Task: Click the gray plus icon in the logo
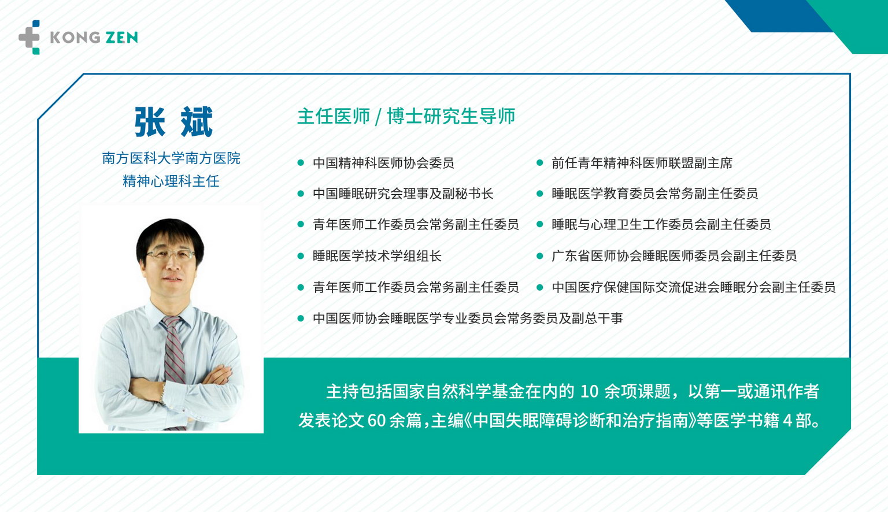coord(29,38)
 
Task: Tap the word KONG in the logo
coord(75,38)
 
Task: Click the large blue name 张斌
coord(173,122)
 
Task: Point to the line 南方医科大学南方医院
coord(171,158)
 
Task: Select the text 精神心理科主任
coord(171,181)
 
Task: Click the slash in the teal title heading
coord(378,117)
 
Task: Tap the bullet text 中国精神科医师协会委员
coord(383,163)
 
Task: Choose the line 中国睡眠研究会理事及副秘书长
coord(403,194)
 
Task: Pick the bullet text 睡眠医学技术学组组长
coord(377,256)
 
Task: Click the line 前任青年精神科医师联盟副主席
coord(642,163)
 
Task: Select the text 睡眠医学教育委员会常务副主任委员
coord(655,194)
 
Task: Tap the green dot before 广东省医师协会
coord(539,256)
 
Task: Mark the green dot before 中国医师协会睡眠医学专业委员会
coord(301,318)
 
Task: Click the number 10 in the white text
coord(589,392)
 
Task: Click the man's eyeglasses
coord(171,254)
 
